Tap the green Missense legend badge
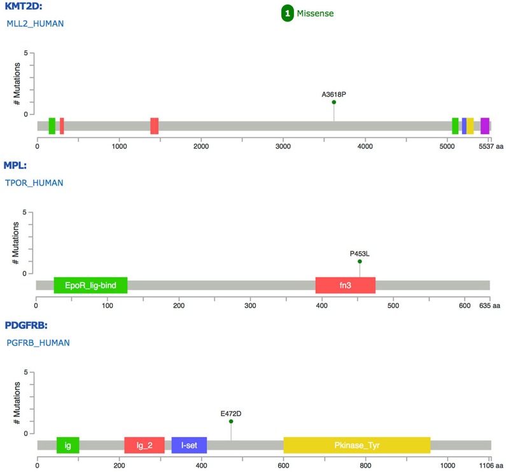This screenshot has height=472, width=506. pyautogui.click(x=288, y=13)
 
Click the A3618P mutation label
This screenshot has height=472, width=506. pyautogui.click(x=334, y=95)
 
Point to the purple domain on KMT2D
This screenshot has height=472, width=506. pyautogui.click(x=484, y=126)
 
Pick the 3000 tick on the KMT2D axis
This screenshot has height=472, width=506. pyautogui.click(x=283, y=146)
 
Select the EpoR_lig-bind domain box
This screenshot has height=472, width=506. pyautogui.click(x=90, y=286)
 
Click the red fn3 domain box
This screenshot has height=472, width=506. pyautogui.click(x=345, y=286)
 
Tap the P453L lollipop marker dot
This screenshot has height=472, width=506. pyautogui.click(x=360, y=261)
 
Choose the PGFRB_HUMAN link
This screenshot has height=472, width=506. pyautogui.click(x=37, y=343)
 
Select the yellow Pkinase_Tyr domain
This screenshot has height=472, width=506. pyautogui.click(x=356, y=445)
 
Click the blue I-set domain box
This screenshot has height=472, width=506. pyautogui.click(x=189, y=445)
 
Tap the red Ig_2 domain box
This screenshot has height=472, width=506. pyautogui.click(x=144, y=445)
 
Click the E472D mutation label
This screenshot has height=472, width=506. pyautogui.click(x=231, y=413)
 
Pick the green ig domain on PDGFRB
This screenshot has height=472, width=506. pyautogui.click(x=67, y=445)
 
